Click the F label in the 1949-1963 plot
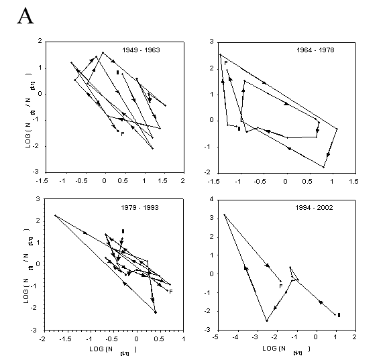pyautogui.click(x=122, y=134)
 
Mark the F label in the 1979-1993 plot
pyautogui.click(x=171, y=291)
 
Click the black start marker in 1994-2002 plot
pyautogui.click(x=339, y=314)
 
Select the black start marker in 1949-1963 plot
pyautogui.click(x=117, y=72)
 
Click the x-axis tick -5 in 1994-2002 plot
pyautogui.click(x=214, y=338)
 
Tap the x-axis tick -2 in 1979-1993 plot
pyautogui.click(x=43, y=339)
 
